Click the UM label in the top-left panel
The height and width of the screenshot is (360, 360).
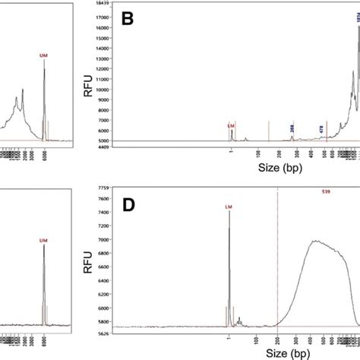43,55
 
